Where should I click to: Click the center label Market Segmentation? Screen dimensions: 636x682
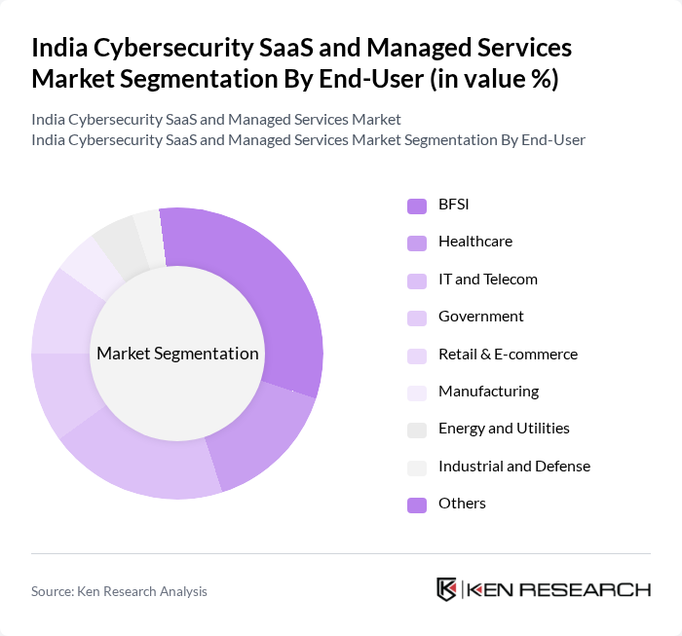177,354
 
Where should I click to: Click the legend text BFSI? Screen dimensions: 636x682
454,205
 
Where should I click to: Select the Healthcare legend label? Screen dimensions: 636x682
474,242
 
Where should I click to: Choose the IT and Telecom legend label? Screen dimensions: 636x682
487,280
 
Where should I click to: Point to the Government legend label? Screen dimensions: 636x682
480,317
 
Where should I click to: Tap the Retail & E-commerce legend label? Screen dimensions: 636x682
508,355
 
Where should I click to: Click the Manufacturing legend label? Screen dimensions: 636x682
488,392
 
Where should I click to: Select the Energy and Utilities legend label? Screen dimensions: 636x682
504,429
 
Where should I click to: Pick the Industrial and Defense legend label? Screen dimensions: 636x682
513,467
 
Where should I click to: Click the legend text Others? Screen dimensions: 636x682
462,504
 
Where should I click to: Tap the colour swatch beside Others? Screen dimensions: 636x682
417,505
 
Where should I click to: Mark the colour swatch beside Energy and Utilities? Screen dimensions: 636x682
417,430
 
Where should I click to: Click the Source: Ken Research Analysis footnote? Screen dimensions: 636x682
119,591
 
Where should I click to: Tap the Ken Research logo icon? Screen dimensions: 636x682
447,589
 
